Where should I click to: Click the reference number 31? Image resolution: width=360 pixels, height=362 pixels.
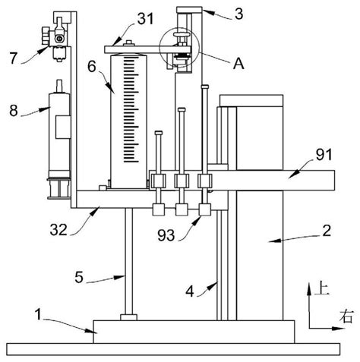(146, 19)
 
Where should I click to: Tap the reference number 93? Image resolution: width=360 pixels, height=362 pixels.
(166, 235)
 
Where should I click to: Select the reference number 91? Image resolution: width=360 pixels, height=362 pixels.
(324, 155)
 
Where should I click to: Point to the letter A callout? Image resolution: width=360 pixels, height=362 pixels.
(238, 63)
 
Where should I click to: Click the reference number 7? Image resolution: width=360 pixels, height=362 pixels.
(14, 58)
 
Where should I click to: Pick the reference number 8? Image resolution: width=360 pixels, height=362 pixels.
(14, 111)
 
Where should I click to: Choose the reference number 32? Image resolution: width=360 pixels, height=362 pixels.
(58, 230)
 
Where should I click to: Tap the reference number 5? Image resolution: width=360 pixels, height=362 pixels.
(79, 277)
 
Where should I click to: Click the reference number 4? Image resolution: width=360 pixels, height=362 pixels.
(190, 291)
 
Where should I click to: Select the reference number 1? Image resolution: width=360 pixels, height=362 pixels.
(38, 314)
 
